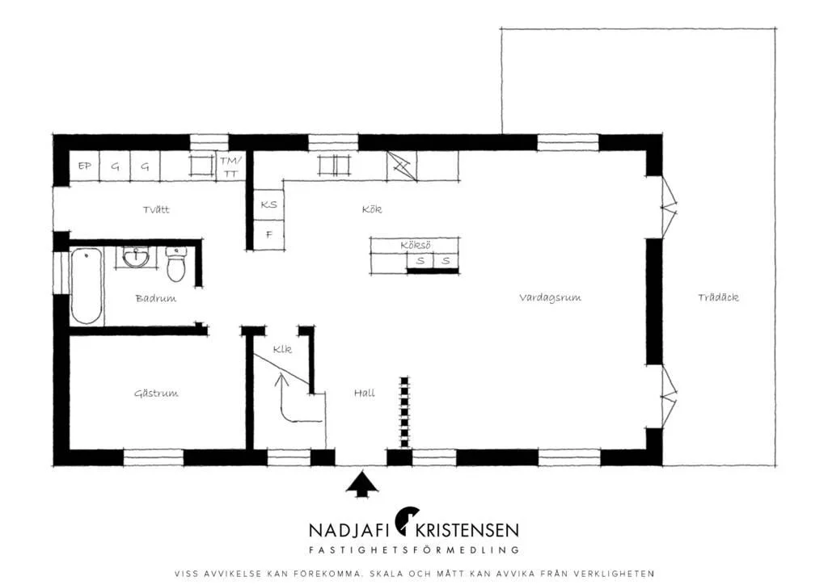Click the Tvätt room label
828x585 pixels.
coord(156,209)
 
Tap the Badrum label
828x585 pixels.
coord(156,299)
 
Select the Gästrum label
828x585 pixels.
coord(156,394)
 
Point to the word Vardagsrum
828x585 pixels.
coord(550,298)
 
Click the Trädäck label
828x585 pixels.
coord(718,297)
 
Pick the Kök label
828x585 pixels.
coord(372,209)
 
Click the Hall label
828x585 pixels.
coord(365,393)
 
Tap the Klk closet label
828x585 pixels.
coord(282,349)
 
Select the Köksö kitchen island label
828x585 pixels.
coord(415,246)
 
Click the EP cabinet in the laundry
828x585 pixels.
coord(84,166)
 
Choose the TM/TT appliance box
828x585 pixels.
coord(230,166)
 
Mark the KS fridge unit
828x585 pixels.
coord(268,204)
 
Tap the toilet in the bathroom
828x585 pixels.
coord(175,263)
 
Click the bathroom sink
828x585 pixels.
coord(136,258)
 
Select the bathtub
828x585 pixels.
coord(87,286)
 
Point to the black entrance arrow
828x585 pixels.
coord(361,485)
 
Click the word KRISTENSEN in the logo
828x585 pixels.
coord(467,530)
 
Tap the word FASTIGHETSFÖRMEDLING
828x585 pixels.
coord(413,550)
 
